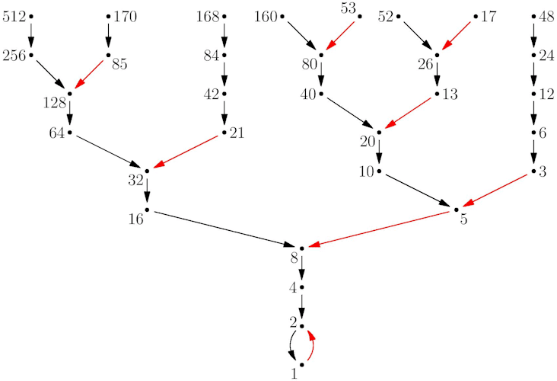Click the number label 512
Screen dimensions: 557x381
pyautogui.click(x=14, y=17)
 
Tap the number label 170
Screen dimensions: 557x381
pyautogui.click(x=125, y=17)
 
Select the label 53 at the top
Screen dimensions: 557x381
pyautogui.click(x=349, y=8)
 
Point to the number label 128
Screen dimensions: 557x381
pyautogui.click(x=55, y=103)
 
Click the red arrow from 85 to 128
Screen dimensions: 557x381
pyautogui.click(x=89, y=75)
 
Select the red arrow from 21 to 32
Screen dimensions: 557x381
pyautogui.click(x=186, y=152)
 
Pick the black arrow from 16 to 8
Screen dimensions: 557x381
pyautogui.click(x=224, y=229)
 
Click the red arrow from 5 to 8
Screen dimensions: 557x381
pyautogui.click(x=380, y=229)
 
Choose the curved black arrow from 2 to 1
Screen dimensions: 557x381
pyautogui.click(x=291, y=345)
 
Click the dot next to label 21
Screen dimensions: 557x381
pyautogui.click(x=224, y=133)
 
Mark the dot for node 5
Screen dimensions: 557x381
pyautogui.click(x=456, y=210)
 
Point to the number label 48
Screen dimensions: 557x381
pyautogui.click(x=546, y=17)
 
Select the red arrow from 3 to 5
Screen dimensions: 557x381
pyautogui.click(x=495, y=190)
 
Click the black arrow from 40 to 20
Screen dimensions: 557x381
pyautogui.click(x=349, y=113)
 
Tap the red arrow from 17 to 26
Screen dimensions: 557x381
pyautogui.click(x=456, y=36)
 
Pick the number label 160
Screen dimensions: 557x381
pyautogui.click(x=266, y=17)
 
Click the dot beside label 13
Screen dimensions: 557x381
pyautogui.click(x=437, y=94)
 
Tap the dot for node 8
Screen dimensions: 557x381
pyautogui.click(x=301, y=248)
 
